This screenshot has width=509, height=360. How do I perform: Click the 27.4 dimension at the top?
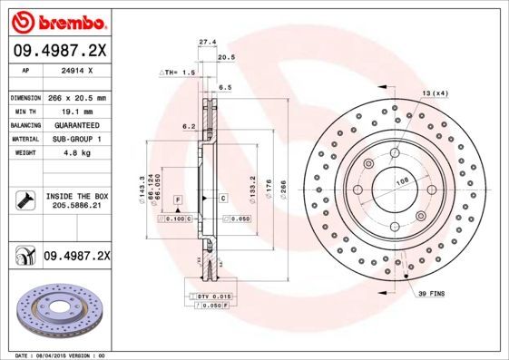tap(207, 41)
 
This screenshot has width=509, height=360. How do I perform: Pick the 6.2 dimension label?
tap(189, 126)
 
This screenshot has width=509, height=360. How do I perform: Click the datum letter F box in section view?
tap(178, 198)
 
